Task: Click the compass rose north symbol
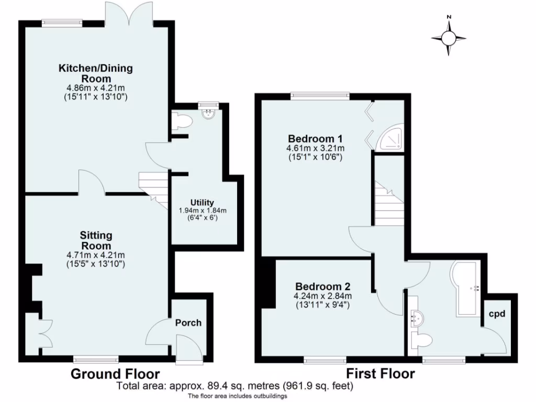[x=449, y=37]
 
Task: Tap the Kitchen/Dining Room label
[x=95, y=73]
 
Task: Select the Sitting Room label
[x=96, y=241]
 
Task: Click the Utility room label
[x=203, y=203]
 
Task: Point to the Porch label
[x=188, y=322]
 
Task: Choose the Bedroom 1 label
[x=315, y=139]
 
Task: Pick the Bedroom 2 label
[x=322, y=287]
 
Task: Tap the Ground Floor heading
[x=115, y=374]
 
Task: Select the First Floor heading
[x=380, y=374]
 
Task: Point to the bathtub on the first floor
[x=467, y=288]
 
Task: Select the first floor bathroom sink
[x=418, y=317]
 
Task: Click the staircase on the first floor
[x=388, y=204]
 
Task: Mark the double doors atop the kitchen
[x=129, y=13]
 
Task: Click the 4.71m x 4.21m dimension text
[x=96, y=255]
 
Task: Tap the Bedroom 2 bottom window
[x=325, y=360]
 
